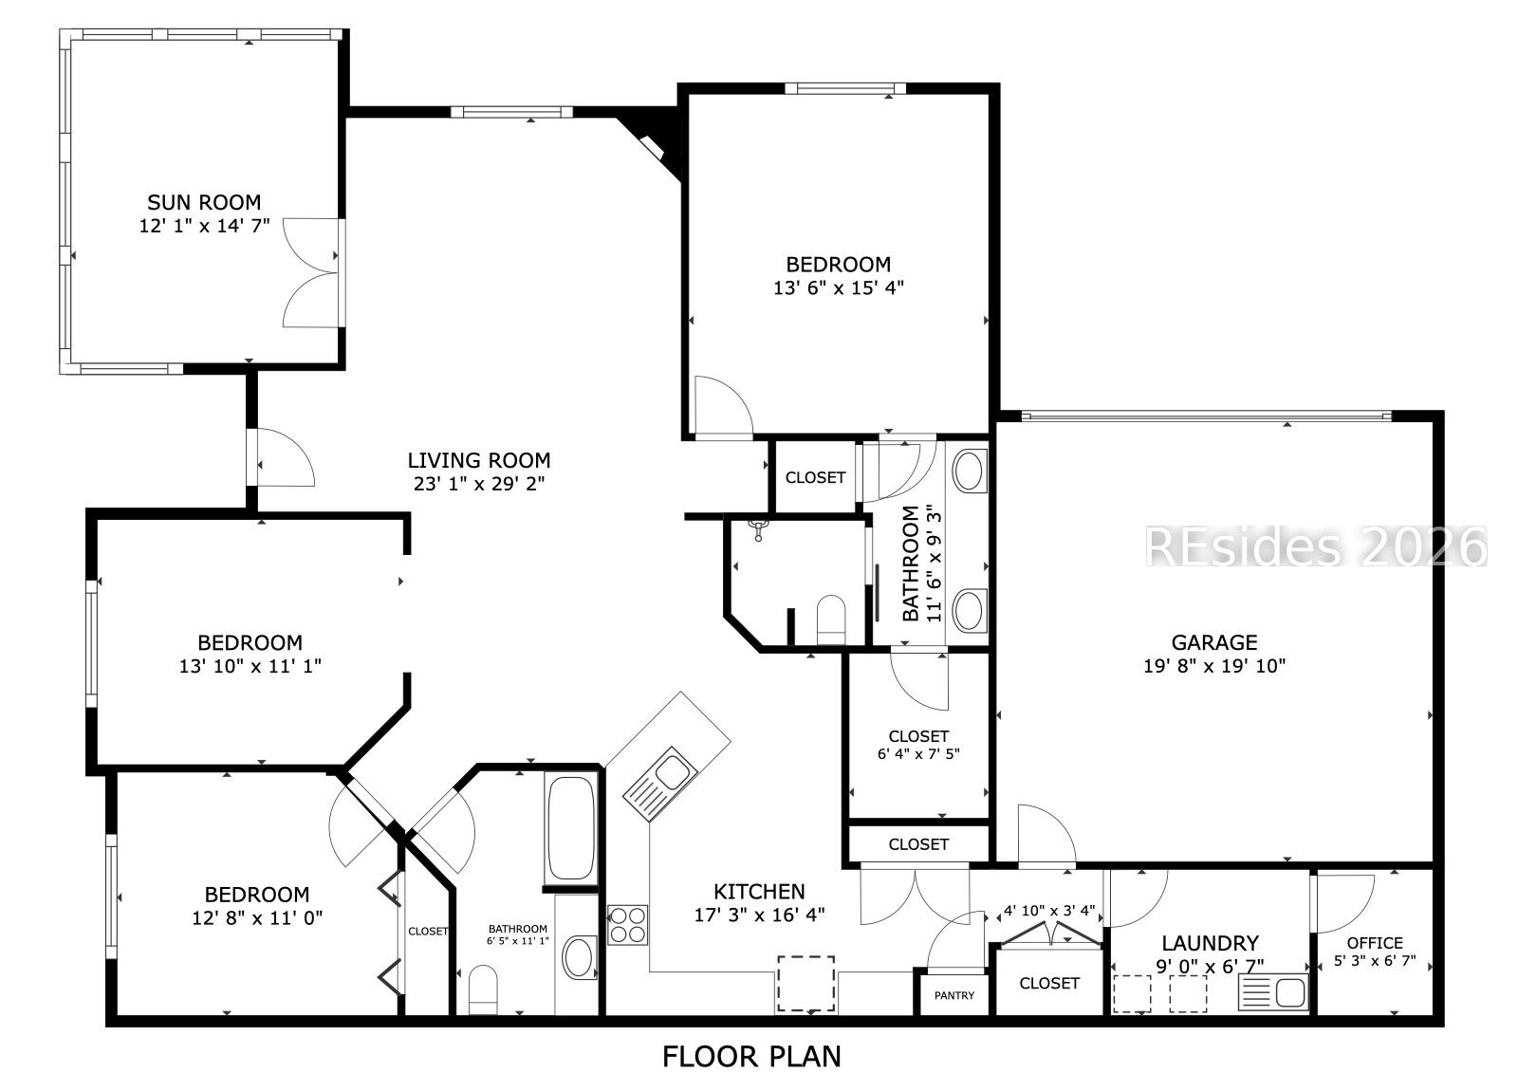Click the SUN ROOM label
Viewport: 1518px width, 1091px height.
(204, 202)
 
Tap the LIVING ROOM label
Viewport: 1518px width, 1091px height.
(478, 460)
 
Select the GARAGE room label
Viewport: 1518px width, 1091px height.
(1214, 641)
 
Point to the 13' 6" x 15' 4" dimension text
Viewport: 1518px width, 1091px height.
(839, 288)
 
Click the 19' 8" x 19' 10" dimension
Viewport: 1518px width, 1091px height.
(1214, 666)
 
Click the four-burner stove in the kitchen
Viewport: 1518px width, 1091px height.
(627, 925)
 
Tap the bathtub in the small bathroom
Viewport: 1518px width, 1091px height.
(570, 828)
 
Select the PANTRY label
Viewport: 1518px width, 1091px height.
(954, 995)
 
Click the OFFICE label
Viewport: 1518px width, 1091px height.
(1375, 943)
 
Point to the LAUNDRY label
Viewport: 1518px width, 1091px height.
(1211, 943)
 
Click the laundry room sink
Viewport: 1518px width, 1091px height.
(1274, 992)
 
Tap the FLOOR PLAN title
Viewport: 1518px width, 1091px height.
(751, 1057)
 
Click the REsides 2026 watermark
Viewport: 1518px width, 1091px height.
(1316, 546)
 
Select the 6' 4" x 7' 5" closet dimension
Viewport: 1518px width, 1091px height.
(918, 753)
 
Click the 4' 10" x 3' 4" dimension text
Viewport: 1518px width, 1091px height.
(1049, 911)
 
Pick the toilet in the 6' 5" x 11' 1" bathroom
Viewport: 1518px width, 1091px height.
(483, 989)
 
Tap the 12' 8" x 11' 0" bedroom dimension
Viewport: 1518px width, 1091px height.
(257, 918)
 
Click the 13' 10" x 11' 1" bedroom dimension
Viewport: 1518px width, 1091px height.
(250, 666)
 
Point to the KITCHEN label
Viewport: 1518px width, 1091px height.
(759, 891)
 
